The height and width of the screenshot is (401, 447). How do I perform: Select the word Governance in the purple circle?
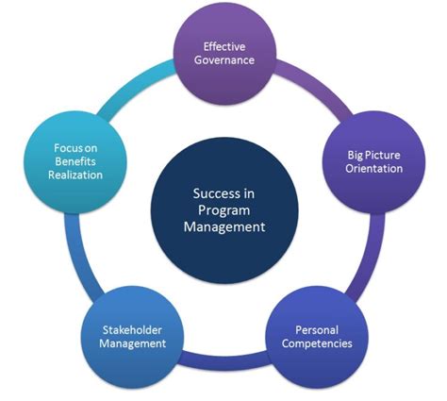[x=224, y=60]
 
